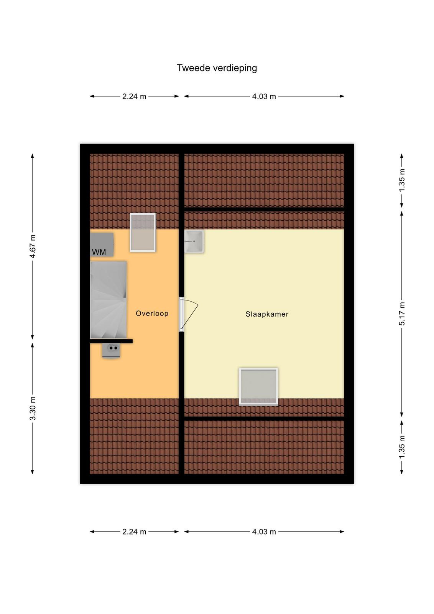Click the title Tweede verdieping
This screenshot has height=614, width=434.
coord(217,68)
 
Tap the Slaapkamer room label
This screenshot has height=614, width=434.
coord(267,314)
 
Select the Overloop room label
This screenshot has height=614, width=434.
coord(152,313)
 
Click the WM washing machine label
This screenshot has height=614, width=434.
coord(99,252)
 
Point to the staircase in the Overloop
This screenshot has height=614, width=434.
coord(108,300)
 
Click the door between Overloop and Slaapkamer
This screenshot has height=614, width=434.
coord(188,314)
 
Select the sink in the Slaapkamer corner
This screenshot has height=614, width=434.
coord(194,241)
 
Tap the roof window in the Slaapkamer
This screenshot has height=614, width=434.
coord(258,386)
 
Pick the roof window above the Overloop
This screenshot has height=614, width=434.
coord(143,233)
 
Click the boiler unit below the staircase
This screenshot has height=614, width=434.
coord(111,350)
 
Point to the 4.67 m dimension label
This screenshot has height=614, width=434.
coord(33,246)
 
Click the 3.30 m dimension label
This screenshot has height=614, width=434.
coord(33,408)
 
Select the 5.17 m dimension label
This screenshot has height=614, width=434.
coord(402,314)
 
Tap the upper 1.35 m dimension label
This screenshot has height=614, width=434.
coord(402,180)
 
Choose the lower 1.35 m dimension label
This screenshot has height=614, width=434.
coord(402,447)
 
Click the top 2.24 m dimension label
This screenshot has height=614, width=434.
coord(134,96)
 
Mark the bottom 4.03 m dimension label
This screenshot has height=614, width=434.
coord(264,532)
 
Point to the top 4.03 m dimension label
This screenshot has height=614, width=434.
coord(264,96)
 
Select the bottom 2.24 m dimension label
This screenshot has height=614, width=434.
coord(134,532)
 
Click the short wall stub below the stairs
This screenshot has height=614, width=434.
coord(111,341)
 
